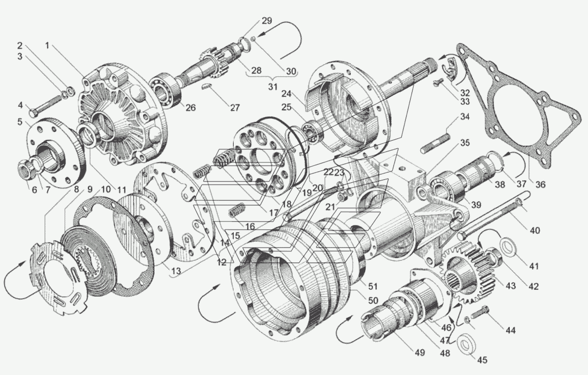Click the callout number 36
[540, 184]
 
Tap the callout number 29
[267, 21]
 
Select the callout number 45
[482, 360]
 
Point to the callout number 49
[420, 352]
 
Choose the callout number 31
[273, 87]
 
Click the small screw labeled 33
[437, 83]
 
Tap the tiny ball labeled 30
[253, 39]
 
